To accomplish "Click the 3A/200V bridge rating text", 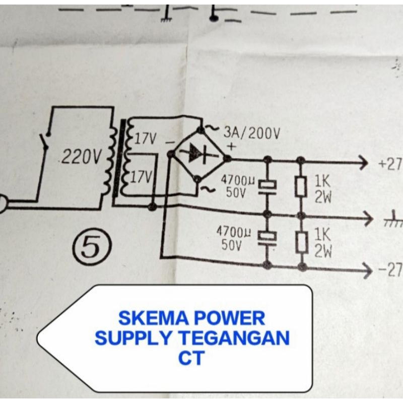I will click(x=251, y=133).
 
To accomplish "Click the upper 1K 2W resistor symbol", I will click(x=301, y=187).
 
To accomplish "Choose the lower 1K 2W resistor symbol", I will click(x=301, y=242).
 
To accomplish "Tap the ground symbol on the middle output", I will click(x=388, y=220).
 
